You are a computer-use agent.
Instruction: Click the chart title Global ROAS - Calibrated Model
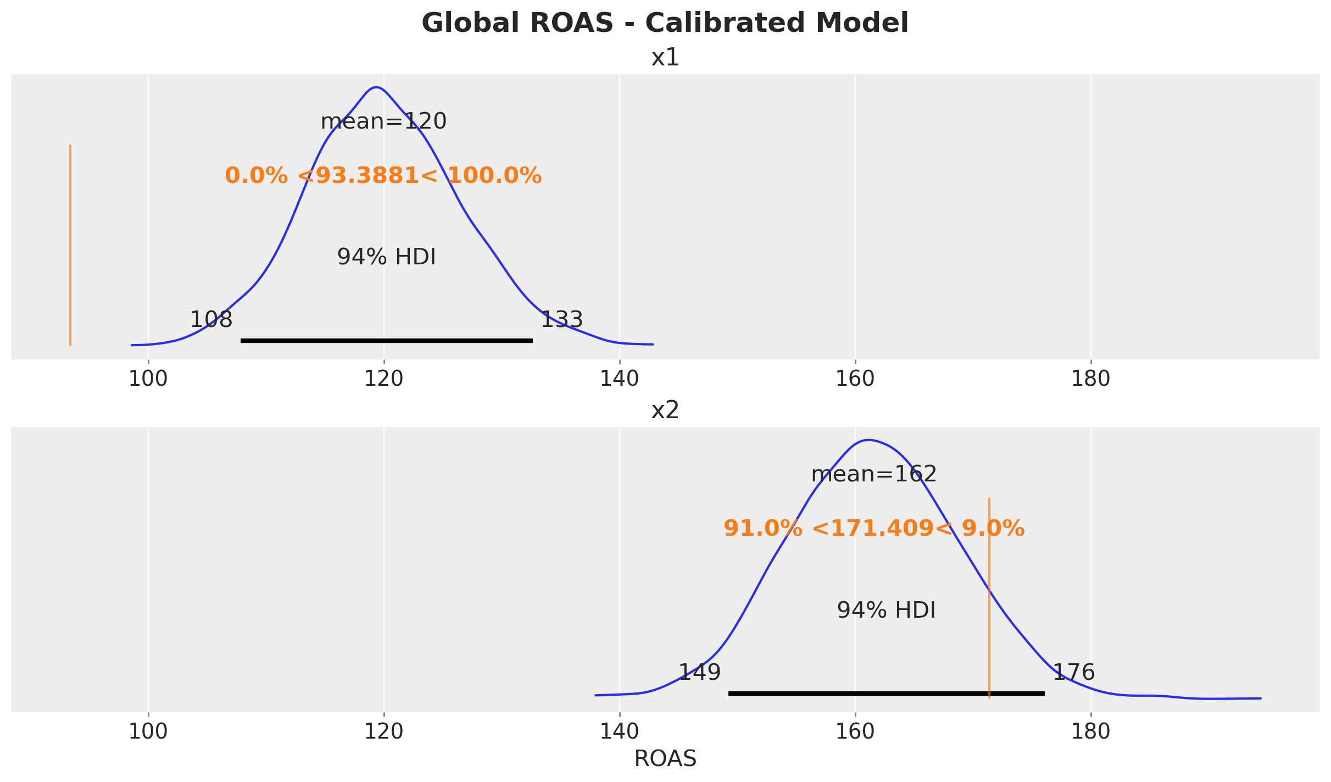click(665, 24)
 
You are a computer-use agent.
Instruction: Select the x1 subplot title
click(665, 58)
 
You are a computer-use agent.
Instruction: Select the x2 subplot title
click(665, 411)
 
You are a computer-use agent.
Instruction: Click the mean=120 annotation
click(383, 121)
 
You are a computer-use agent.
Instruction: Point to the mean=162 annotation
click(873, 474)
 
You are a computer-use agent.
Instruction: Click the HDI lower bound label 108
click(211, 319)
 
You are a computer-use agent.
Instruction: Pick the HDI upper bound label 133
click(561, 319)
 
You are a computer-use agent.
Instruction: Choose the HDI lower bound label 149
click(699, 672)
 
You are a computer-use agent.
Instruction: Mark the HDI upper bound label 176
click(1073, 672)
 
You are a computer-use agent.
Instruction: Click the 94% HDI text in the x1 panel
click(386, 257)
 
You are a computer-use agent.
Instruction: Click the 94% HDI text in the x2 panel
click(886, 610)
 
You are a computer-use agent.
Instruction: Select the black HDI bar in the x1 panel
click(386, 341)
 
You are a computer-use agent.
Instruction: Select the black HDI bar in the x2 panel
click(886, 694)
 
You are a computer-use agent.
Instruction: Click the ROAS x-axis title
click(665, 759)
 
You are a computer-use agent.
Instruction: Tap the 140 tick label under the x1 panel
click(619, 379)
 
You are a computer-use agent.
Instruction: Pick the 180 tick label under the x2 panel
click(1090, 732)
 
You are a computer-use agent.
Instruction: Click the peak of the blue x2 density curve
click(868, 440)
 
